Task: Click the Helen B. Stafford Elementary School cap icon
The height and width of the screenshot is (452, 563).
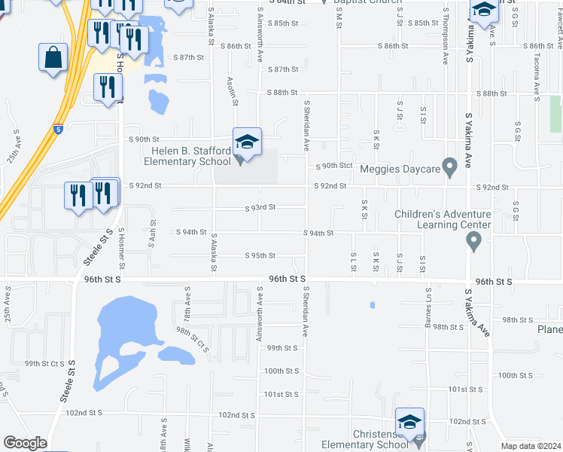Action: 247,141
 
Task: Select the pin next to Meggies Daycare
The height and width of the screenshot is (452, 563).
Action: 450,167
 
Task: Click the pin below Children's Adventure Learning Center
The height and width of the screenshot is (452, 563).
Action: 473,241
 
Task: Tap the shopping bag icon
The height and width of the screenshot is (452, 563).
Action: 53,57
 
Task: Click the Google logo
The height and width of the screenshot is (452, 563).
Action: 25,443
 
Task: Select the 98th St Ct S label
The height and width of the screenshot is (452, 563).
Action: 192,339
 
